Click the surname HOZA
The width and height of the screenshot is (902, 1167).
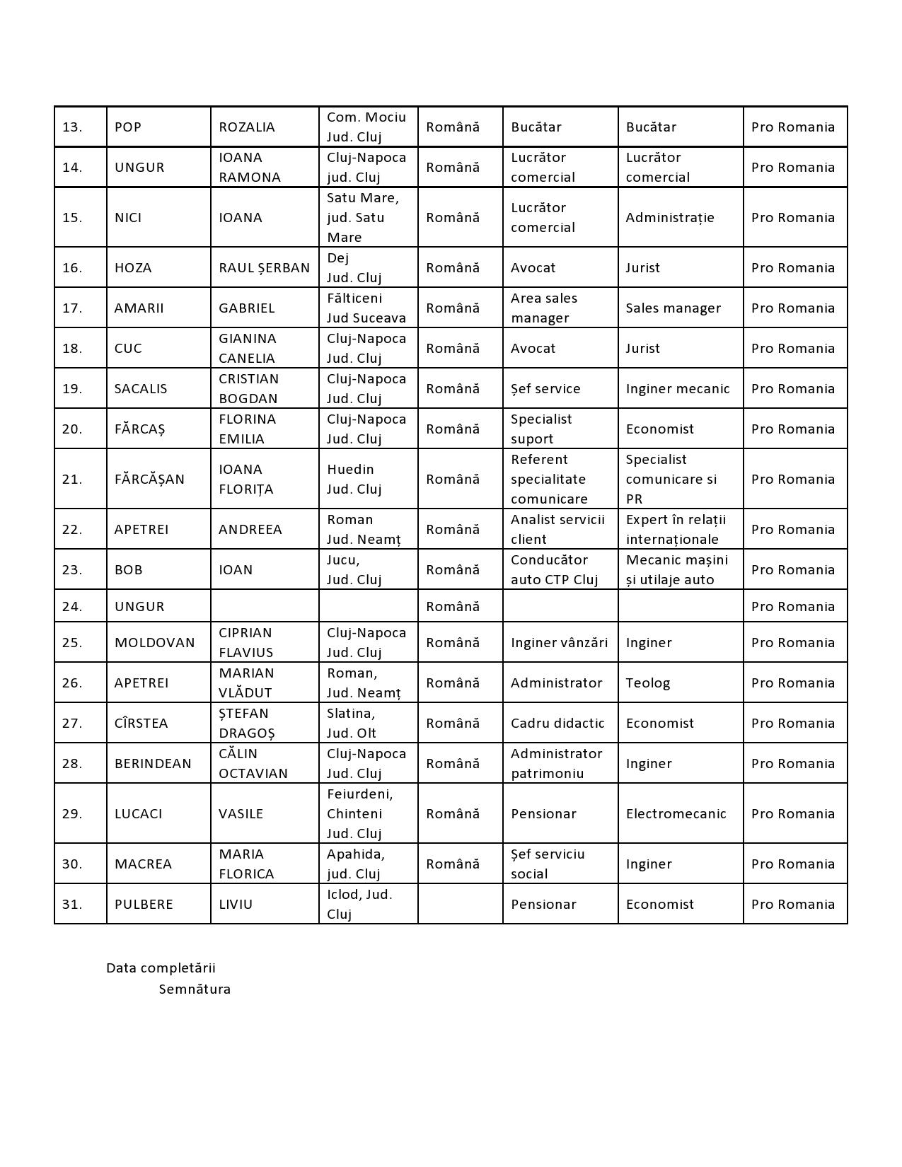132,267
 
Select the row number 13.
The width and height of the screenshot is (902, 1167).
72,127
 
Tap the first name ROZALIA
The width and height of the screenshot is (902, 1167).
246,127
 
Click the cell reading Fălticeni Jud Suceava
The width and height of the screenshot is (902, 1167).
366,308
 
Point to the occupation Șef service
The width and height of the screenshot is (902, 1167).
545,388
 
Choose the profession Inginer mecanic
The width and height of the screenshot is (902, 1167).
677,388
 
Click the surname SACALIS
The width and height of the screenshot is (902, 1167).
141,388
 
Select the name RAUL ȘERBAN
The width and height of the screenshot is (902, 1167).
264,267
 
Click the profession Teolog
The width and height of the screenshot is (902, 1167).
647,683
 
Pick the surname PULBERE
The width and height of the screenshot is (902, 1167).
144,904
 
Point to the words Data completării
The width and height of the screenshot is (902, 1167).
161,968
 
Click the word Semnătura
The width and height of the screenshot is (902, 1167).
195,989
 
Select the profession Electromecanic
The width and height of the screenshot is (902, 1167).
676,813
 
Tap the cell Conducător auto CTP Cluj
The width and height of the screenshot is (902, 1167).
554,569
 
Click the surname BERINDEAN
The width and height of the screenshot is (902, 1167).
153,763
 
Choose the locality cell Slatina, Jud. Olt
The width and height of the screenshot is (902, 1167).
352,723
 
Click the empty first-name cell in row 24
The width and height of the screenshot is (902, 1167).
265,606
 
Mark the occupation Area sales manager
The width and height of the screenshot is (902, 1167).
544,308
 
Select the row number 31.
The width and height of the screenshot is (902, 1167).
72,904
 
